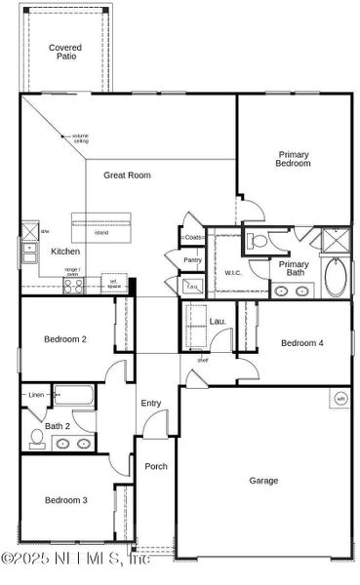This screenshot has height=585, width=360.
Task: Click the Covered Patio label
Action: (x=66, y=53)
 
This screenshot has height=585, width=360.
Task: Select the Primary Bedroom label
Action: (x=294, y=159)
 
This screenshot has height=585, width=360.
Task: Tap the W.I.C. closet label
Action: (x=232, y=273)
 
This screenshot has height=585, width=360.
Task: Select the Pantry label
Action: (x=192, y=260)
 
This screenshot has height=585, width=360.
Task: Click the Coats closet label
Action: (x=192, y=237)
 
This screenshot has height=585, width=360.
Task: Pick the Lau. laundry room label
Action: (x=218, y=321)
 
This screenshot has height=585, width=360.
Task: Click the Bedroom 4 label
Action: (x=301, y=343)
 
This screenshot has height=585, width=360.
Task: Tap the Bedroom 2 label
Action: (x=65, y=339)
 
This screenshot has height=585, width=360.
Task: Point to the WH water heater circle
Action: (x=341, y=398)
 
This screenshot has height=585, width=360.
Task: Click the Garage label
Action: (x=263, y=480)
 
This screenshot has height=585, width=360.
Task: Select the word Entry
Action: (x=150, y=403)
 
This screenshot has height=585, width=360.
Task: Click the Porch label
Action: (x=156, y=466)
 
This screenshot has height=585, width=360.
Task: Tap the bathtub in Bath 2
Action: (x=74, y=396)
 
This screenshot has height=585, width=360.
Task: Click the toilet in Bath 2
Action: (x=36, y=438)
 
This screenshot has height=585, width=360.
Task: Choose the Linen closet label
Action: (x=36, y=395)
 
